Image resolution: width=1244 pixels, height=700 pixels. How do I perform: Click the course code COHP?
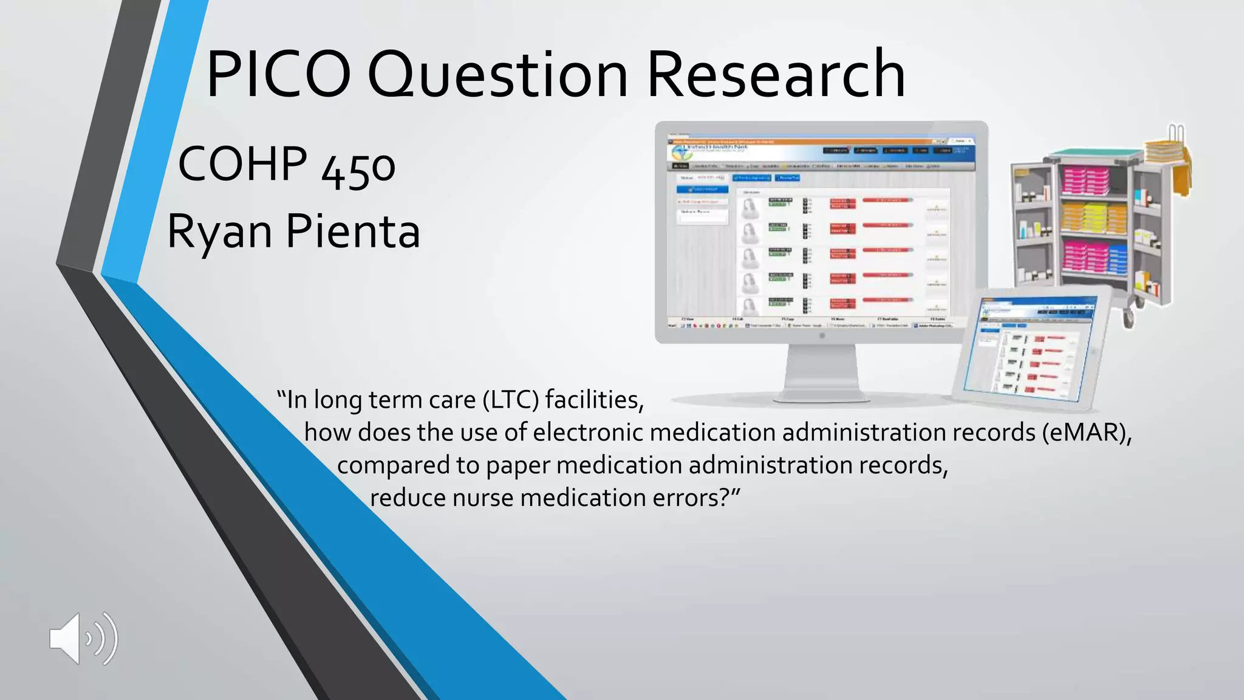pyautogui.click(x=242, y=164)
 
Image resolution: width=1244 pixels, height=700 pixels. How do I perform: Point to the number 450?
pyautogui.click(x=358, y=169)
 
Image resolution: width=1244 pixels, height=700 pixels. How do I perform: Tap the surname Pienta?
pyautogui.click(x=353, y=232)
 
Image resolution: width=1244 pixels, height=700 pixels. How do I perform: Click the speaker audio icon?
pyautogui.click(x=83, y=638)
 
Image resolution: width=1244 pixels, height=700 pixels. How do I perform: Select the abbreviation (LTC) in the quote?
pyautogui.click(x=511, y=400)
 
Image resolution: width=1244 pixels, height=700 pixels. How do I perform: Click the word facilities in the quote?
pyautogui.click(x=593, y=400)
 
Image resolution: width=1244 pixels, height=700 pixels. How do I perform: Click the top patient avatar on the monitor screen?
pyautogui.click(x=750, y=208)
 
